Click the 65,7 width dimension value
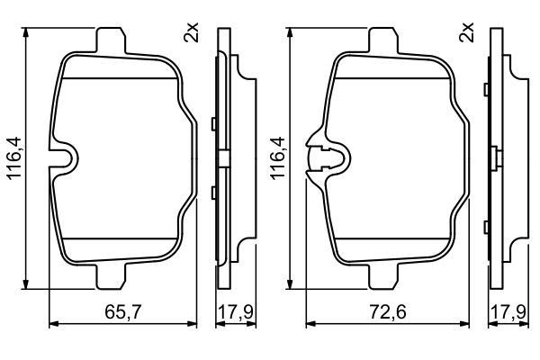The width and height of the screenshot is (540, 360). [x=123, y=312]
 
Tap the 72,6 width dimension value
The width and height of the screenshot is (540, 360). [x=388, y=312]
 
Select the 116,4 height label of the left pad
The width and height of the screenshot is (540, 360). [x=15, y=158]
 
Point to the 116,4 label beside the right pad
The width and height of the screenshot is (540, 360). [x=278, y=158]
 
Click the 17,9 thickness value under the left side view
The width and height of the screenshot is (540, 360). [x=236, y=312]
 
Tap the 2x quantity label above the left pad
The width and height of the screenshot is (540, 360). [x=192, y=32]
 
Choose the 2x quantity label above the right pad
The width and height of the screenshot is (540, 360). [x=466, y=32]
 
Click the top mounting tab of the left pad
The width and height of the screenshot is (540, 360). [x=111, y=40]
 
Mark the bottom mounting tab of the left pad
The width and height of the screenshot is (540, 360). [x=111, y=276]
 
